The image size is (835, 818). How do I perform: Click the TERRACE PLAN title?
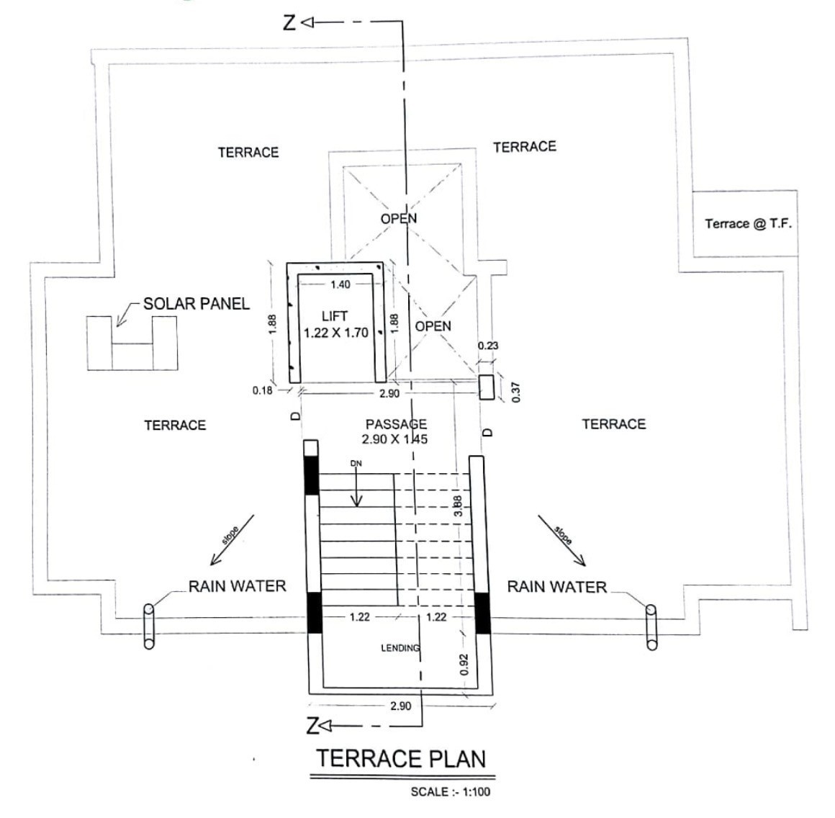point(402,758)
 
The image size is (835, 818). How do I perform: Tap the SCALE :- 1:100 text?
point(451,792)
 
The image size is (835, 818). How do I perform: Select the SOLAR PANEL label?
point(197,304)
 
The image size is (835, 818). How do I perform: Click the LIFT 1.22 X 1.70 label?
point(335,324)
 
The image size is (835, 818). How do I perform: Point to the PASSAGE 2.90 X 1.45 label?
point(395,431)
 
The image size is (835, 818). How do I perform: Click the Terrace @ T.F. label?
point(748,224)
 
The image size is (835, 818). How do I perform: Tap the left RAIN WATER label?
point(238,586)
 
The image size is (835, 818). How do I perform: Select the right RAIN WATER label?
point(557,586)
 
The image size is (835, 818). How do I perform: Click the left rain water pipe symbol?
point(149,626)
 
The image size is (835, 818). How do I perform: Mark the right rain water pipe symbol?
point(651,627)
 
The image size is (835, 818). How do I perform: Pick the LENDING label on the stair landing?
point(400,648)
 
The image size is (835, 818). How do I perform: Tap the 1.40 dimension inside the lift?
point(340,284)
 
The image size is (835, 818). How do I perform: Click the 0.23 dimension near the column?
point(488,346)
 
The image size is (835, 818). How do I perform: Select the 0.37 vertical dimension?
point(515,392)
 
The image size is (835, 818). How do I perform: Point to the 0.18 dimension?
point(263,390)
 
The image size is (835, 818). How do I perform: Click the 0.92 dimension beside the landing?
point(464,665)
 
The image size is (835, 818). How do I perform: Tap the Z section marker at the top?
point(289,23)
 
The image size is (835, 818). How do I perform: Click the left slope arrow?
point(233,539)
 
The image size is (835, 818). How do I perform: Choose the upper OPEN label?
point(399,218)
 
